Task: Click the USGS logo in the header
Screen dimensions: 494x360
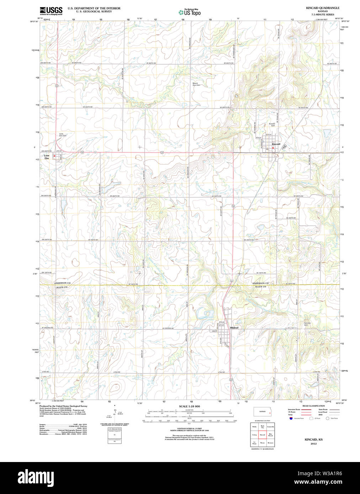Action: pos(51,11)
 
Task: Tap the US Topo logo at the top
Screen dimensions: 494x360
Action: pos(190,12)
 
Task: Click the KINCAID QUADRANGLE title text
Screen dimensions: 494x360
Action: pos(322,8)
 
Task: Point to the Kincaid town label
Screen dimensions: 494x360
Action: pos(276,144)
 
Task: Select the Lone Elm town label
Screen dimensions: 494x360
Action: pos(47,157)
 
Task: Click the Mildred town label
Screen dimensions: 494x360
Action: pos(234,328)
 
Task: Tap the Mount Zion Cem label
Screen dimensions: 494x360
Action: pos(196,84)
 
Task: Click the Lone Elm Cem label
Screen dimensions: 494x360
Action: pos(63,135)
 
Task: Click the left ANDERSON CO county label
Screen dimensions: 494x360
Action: pos(62,283)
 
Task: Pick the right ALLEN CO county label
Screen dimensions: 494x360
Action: pos(260,286)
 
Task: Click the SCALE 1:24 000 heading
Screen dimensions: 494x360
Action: pos(189,406)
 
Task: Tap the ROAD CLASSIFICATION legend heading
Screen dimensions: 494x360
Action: pos(313,406)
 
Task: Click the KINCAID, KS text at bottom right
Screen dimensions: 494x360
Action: pos(313,440)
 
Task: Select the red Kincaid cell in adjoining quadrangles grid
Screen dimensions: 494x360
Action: pos(263,435)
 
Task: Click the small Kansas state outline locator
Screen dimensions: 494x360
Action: pos(263,412)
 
